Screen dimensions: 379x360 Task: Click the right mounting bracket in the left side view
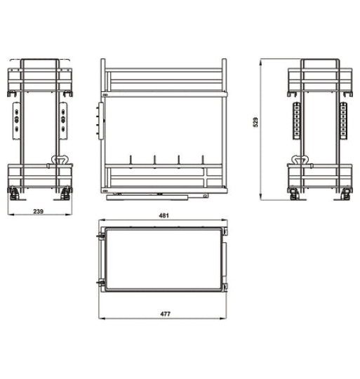point(66,119)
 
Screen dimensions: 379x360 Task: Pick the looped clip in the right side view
point(302,160)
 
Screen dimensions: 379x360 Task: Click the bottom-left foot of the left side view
point(13,191)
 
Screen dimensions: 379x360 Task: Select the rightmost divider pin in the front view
point(204,160)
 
